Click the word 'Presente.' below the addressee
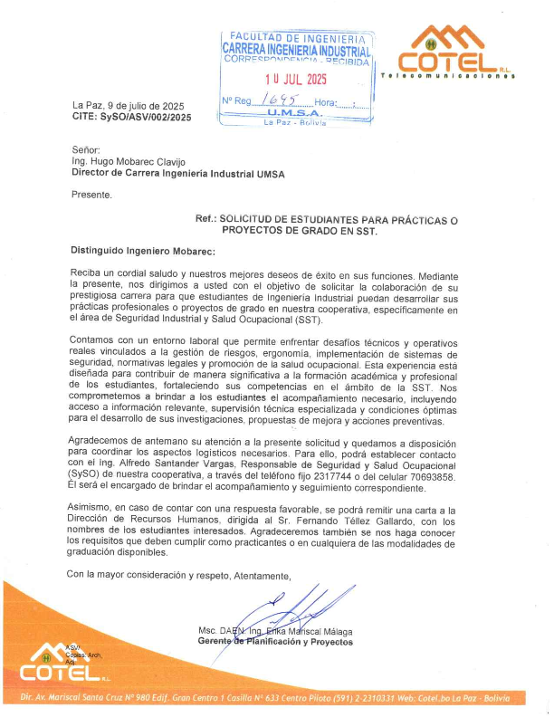point(91,195)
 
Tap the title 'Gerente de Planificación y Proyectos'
point(275,642)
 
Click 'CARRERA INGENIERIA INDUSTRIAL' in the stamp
point(297,52)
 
